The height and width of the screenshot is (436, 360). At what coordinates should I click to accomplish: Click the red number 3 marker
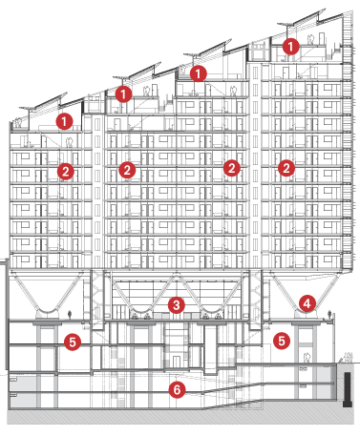(x=177, y=305)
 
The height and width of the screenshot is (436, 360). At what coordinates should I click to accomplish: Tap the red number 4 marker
(x=307, y=303)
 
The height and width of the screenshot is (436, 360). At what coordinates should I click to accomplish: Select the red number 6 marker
(x=177, y=389)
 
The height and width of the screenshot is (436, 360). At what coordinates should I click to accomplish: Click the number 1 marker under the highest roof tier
(x=290, y=47)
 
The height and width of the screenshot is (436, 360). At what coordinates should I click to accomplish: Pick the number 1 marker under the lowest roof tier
(x=64, y=121)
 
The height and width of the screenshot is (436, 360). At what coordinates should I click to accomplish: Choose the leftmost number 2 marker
(x=66, y=172)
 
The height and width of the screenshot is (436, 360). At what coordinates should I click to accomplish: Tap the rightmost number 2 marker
(x=286, y=168)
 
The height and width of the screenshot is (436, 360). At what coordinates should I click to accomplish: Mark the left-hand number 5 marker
(x=73, y=343)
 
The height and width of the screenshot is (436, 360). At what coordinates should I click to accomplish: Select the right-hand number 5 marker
(x=282, y=341)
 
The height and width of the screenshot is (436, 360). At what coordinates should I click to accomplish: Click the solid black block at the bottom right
(x=348, y=389)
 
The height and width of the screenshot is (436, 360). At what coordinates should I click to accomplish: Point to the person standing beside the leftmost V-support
(x=70, y=315)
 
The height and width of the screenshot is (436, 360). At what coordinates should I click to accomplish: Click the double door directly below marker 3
(x=177, y=362)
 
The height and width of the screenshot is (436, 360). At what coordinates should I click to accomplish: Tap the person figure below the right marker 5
(x=307, y=358)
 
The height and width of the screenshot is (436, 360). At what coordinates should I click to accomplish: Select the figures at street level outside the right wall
(x=348, y=357)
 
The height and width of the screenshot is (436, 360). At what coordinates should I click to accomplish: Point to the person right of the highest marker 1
(x=311, y=39)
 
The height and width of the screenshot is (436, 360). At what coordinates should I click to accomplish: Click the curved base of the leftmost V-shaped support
(x=47, y=311)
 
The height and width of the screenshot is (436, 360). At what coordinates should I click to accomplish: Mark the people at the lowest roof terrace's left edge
(x=18, y=123)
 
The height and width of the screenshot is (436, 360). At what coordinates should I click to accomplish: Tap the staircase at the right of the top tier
(x=335, y=52)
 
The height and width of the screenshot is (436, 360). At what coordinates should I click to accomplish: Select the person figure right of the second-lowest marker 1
(x=146, y=92)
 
